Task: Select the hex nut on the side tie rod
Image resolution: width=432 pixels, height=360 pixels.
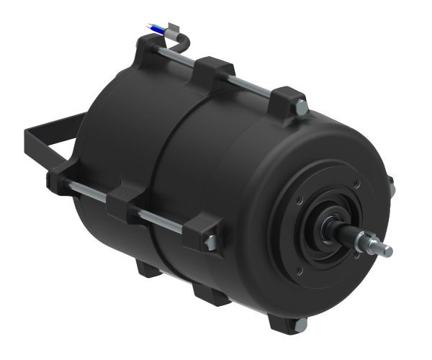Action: (211, 242)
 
